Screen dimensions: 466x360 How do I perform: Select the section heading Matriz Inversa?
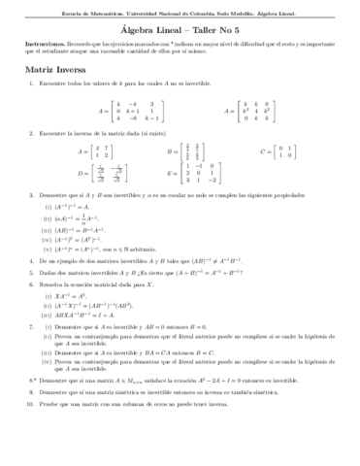[56, 71]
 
